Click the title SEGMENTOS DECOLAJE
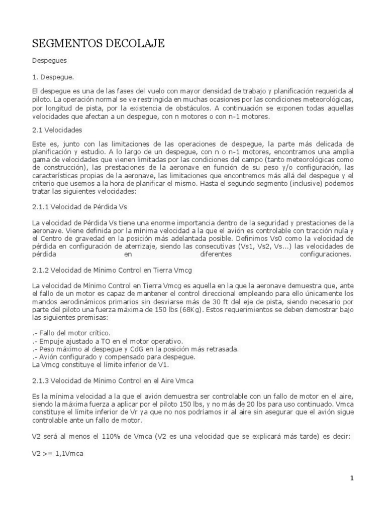98,44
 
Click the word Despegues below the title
49,60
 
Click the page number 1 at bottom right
352,478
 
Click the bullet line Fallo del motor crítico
71,333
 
